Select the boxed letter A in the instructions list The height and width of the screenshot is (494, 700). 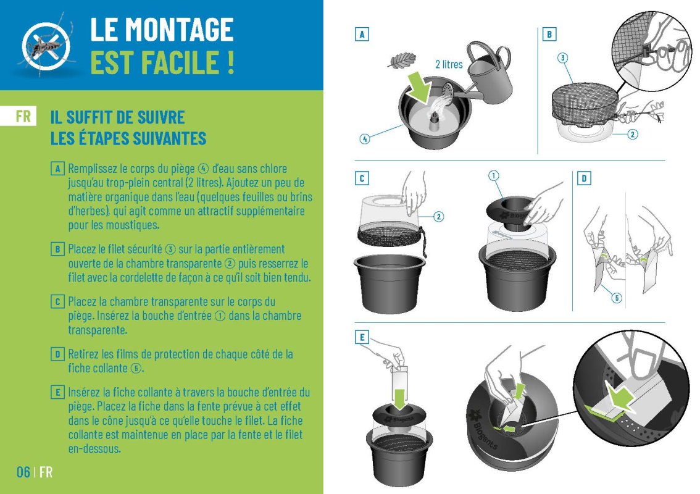[x=57, y=169]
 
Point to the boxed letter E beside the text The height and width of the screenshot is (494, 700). [x=57, y=393]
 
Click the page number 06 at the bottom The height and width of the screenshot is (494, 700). [x=23, y=472]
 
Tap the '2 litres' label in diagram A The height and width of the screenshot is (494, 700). [x=449, y=64]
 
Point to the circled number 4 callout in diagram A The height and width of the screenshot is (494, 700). [x=365, y=139]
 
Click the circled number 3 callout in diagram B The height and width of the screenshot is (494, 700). [x=562, y=57]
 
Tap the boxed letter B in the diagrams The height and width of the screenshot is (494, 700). [x=549, y=34]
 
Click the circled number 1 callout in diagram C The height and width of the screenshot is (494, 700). [x=493, y=175]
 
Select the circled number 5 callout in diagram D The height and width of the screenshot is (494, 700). [x=617, y=298]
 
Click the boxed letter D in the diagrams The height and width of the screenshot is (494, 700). [x=584, y=178]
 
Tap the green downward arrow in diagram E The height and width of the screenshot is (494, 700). [x=399, y=399]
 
